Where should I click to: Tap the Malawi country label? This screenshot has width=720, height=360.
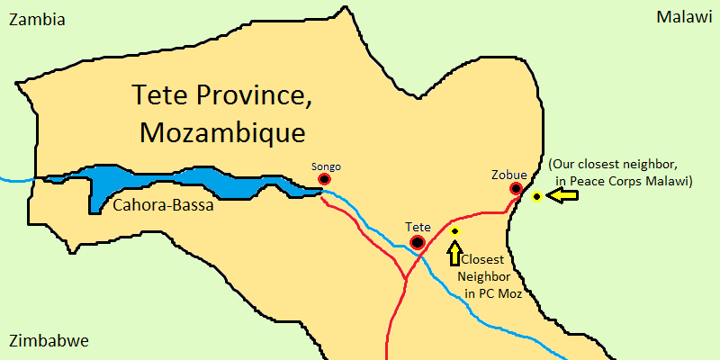click(683, 18)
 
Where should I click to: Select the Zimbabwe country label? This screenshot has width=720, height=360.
click(48, 342)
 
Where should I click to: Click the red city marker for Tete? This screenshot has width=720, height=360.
click(418, 242)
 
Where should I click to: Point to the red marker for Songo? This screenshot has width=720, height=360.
click(324, 179)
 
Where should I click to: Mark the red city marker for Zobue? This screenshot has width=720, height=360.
click(516, 188)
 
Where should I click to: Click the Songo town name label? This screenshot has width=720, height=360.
click(326, 166)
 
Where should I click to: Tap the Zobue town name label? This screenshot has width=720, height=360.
click(509, 174)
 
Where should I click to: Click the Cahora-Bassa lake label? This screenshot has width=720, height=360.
click(163, 206)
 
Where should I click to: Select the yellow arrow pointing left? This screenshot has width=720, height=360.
click(562, 195)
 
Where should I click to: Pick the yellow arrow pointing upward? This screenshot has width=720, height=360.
click(454, 253)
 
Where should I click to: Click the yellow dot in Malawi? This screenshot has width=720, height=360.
click(536, 196)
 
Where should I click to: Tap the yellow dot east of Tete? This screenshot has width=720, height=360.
click(454, 231)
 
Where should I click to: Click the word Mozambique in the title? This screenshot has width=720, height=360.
click(223, 133)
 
